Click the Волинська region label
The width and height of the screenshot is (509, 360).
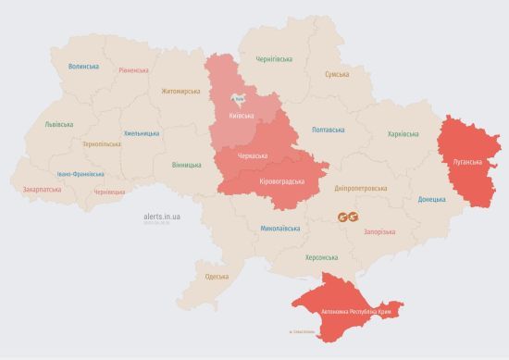coord(83,66)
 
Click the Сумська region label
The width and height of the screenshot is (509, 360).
coord(337,74)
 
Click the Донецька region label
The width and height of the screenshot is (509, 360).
coord(431,199)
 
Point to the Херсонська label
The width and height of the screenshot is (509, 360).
coord(321,257)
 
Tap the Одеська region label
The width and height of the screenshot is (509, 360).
coord(217,277)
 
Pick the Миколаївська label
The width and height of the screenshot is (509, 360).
coord(279,227)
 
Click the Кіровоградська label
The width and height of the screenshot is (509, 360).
coord(282,181)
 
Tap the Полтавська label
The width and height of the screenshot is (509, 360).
coord(329,130)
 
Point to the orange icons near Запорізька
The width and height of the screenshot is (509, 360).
coord(347,217)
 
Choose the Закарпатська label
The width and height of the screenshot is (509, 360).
coord(42,189)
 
